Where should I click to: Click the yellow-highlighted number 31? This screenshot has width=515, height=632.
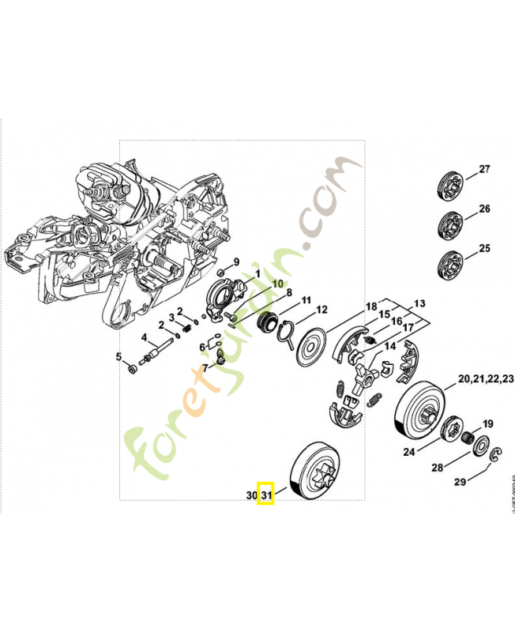click(x=267, y=495)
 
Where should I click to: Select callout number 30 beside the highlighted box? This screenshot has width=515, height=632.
click(x=251, y=495)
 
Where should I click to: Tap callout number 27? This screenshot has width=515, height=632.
click(x=484, y=169)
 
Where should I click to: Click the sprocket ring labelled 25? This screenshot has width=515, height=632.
click(x=449, y=263)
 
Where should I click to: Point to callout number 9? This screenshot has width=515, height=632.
click(x=235, y=262)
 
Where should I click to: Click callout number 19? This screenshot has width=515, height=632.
click(x=488, y=423)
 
